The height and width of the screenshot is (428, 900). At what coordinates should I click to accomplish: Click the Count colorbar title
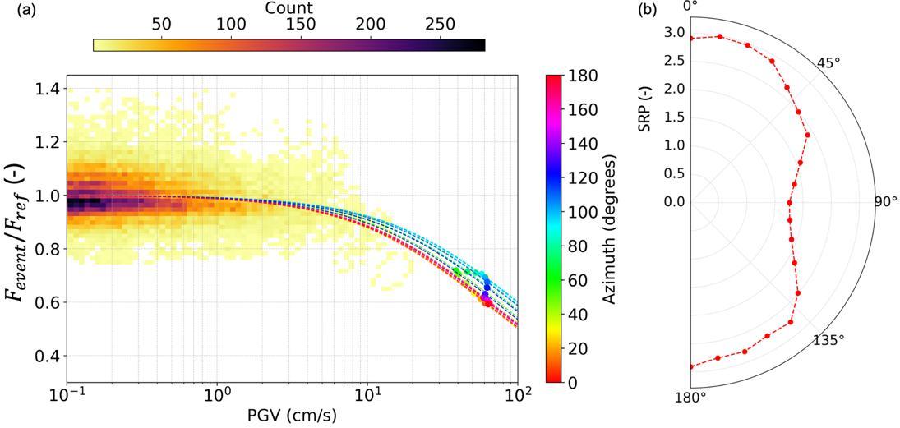tap(288, 8)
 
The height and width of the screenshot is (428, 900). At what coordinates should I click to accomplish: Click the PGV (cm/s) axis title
tap(292, 415)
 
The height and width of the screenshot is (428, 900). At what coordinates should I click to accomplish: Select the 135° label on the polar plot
tap(828, 340)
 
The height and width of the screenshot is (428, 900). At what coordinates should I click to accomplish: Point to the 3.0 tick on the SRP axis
tap(673, 32)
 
